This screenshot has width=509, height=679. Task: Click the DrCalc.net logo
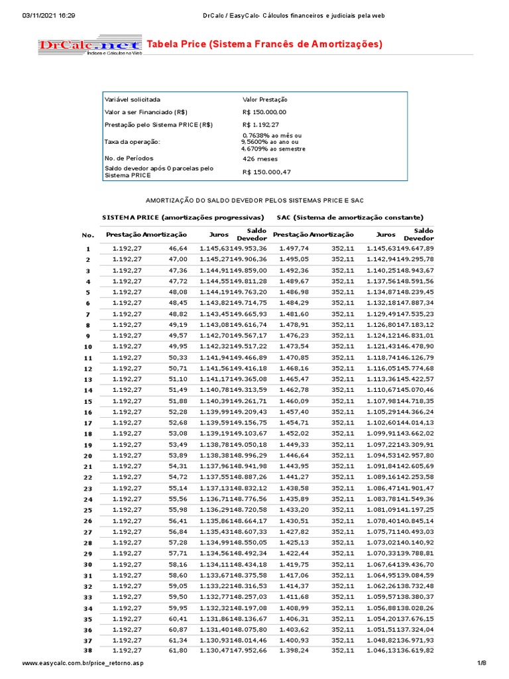[89, 46]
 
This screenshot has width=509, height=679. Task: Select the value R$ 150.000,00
[264, 112]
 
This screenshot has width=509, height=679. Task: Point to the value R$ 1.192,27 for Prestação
[260, 125]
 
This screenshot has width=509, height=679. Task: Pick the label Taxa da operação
[133, 141]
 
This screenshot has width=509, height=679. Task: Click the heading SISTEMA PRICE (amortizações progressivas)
[183, 217]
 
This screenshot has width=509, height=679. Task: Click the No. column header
[88, 235]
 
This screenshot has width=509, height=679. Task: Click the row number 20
[87, 456]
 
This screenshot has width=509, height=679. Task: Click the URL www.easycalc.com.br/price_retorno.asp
[83, 664]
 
